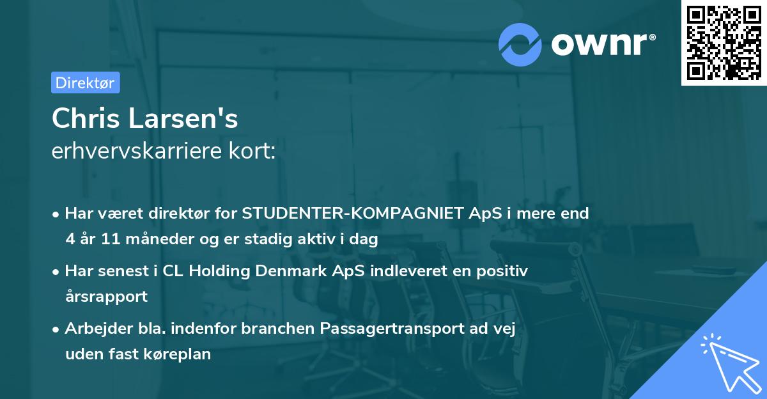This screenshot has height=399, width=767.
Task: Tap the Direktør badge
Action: point(85,82)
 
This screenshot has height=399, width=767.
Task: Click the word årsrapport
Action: point(106,297)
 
